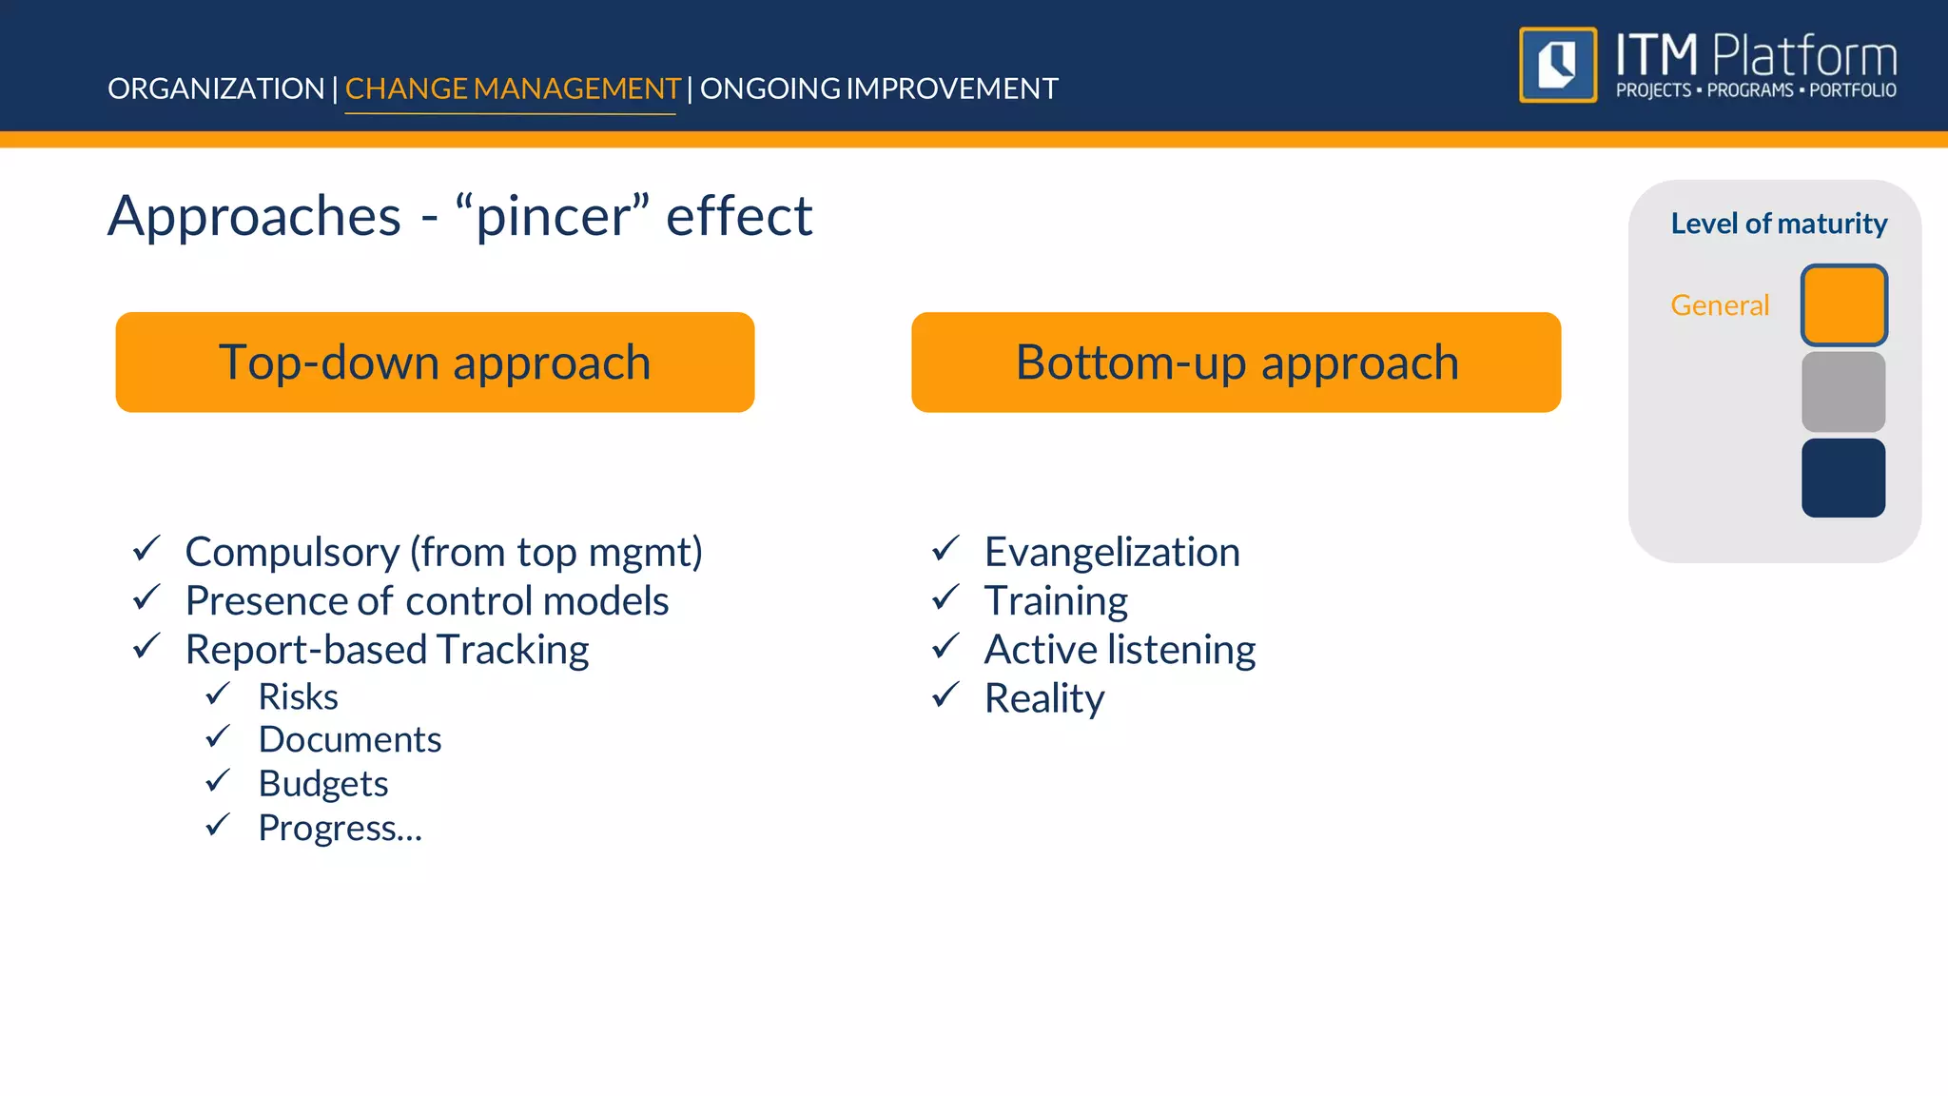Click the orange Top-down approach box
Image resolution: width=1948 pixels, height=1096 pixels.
tap(435, 362)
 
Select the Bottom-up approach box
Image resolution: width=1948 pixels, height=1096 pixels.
tap(1236, 362)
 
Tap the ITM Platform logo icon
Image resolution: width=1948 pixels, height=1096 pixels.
tap(1557, 65)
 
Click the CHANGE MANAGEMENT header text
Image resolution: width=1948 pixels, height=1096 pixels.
tap(512, 88)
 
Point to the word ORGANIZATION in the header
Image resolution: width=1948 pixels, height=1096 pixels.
tap(216, 88)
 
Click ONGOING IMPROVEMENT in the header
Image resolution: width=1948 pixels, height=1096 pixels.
tap(879, 88)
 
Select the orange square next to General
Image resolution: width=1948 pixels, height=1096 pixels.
tap(1843, 305)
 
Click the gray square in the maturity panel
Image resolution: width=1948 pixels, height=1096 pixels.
tap(1843, 392)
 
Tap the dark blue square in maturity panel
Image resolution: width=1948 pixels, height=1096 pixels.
tap(1843, 478)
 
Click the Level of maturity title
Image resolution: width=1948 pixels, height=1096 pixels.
tap(1779, 224)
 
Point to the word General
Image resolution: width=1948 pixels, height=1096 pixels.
tap(1720, 305)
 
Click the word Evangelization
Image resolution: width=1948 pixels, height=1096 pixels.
tap(1112, 553)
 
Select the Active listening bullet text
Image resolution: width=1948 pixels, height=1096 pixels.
tap(1120, 650)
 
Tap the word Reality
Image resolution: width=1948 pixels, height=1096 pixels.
tap(1044, 699)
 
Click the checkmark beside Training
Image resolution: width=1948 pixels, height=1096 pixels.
tap(945, 598)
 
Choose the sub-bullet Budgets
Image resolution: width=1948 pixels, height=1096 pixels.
tap(323, 784)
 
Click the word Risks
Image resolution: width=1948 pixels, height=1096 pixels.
tap(298, 697)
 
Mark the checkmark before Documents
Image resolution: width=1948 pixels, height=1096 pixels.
tap(218, 737)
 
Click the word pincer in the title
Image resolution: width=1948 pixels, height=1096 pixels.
tap(553, 217)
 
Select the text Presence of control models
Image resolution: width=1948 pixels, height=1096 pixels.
tap(427, 601)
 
